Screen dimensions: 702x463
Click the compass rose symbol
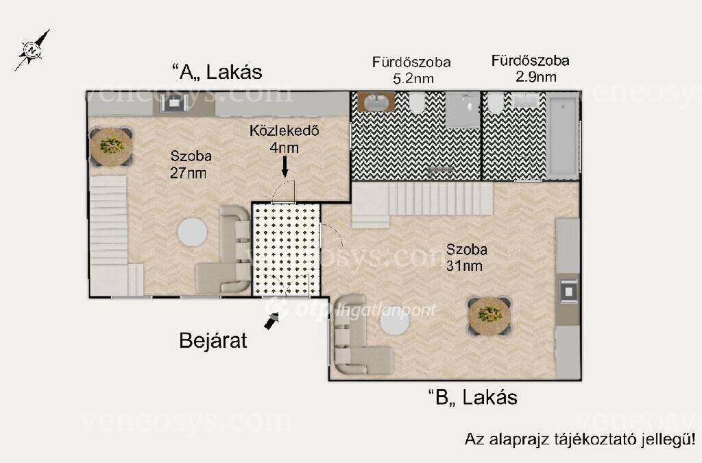[32, 49]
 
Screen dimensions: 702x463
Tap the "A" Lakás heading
[217, 71]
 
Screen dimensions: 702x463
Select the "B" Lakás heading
[473, 397]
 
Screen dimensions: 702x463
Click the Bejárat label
[213, 340]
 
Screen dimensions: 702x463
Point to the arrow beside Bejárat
[271, 320]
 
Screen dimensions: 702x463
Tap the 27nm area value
[188, 174]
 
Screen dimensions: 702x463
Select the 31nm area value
[464, 266]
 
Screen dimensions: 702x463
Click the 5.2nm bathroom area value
[413, 79]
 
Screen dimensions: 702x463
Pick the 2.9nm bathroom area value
[536, 77]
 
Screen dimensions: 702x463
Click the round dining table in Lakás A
[111, 146]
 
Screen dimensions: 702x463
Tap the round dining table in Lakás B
[489, 316]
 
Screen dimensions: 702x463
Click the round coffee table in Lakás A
[193, 232]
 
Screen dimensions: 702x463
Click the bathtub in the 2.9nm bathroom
[564, 136]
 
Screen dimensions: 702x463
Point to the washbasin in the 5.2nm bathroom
[376, 102]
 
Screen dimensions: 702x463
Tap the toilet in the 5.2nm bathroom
[417, 103]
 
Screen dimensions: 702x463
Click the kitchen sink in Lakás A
[172, 104]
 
